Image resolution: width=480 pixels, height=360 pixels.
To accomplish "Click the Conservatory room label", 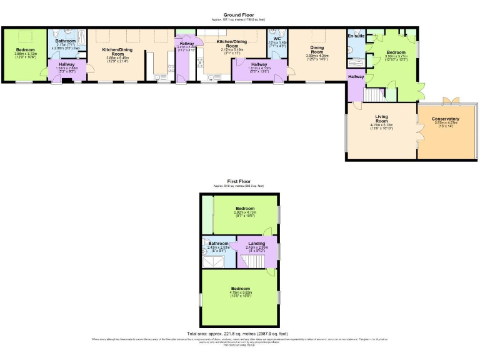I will coord(446,119).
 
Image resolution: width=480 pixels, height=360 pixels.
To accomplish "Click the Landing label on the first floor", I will coord(256,243).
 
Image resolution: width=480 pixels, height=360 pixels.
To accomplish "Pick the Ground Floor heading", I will coord(241,14).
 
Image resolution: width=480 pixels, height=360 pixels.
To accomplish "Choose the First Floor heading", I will coord(240,182).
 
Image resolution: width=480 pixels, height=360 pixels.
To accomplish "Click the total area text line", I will coord(240,334).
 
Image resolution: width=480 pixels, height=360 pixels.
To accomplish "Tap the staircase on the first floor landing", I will coord(252,260).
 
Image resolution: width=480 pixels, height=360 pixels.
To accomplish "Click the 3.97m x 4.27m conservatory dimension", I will coord(446,123).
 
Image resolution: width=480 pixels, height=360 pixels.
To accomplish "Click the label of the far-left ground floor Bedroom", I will coord(25,49).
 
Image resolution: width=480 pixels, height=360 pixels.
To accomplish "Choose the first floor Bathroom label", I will coord(218,243).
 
